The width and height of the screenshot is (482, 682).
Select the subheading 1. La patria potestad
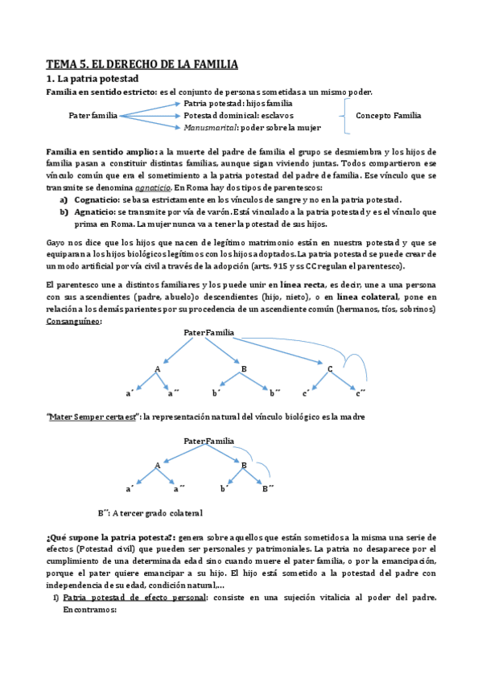93,79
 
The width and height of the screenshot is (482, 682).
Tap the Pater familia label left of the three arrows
93,116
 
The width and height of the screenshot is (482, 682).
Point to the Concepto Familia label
389,116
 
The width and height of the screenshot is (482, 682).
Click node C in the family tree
331,368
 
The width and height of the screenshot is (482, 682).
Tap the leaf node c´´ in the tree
361,392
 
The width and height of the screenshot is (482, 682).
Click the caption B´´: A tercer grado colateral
150,513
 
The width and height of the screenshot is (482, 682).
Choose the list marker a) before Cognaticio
64,199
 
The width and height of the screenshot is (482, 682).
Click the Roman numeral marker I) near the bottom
54,598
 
